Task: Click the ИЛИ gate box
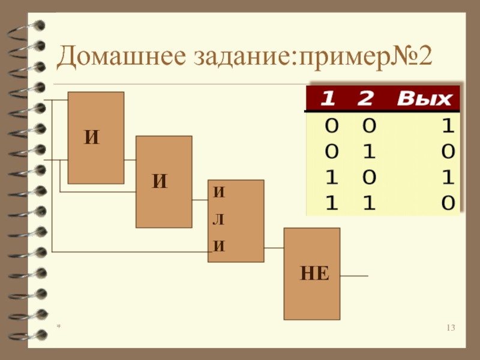pyautogui.click(x=236, y=221)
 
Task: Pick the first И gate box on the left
pyautogui.click(x=96, y=137)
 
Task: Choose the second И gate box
pyautogui.click(x=164, y=181)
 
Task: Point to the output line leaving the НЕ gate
pyautogui.click(x=354, y=276)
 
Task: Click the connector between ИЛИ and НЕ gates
pyautogui.click(x=274, y=248)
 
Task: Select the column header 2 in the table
pyautogui.click(x=365, y=98)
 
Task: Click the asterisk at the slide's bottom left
pyautogui.click(x=59, y=328)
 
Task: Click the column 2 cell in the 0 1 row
pyautogui.click(x=368, y=152)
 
